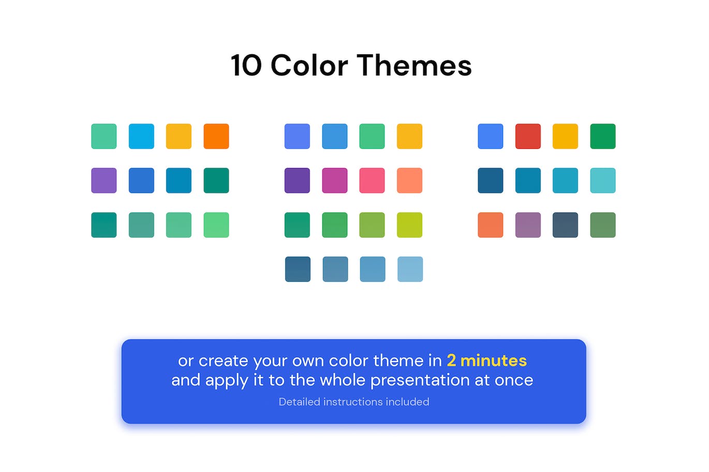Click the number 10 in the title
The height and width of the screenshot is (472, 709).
(246, 66)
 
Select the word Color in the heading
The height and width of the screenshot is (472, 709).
(309, 65)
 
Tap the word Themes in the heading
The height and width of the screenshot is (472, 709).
(415, 65)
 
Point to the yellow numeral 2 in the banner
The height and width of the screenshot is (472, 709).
(451, 360)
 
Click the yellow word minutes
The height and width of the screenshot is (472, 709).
(493, 360)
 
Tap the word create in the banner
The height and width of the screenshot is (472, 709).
(223, 361)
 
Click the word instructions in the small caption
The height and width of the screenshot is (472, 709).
(353, 402)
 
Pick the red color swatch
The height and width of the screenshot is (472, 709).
(528, 136)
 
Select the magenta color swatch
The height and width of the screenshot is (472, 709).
(334, 180)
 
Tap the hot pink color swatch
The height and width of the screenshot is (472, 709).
(372, 180)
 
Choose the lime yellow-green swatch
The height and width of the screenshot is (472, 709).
(409, 225)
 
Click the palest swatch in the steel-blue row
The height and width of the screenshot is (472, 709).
(410, 269)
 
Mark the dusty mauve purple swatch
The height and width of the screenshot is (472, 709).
(528, 225)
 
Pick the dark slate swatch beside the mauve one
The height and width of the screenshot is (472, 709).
(565, 225)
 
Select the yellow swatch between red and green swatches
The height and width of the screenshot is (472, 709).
(565, 136)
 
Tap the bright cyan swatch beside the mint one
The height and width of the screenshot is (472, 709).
(141, 136)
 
